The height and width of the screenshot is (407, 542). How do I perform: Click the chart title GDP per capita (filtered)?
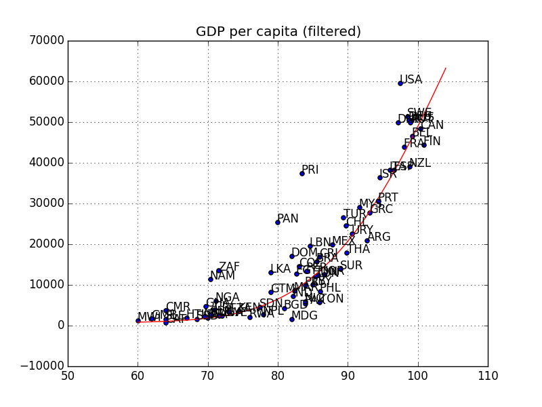pos(278,32)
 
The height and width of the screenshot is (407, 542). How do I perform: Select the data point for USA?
pos(400,83)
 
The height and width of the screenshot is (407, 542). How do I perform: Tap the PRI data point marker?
pos(302,174)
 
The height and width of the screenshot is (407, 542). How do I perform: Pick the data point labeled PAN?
pos(278,222)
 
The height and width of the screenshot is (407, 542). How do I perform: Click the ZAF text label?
pos(229,267)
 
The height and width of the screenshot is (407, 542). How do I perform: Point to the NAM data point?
pos(211,279)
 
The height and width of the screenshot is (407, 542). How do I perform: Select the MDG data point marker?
pos(292,319)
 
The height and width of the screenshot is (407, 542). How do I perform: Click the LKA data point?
pos(271,273)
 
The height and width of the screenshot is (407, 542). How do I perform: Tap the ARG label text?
pos(379,237)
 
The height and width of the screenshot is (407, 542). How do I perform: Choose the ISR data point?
pos(380,178)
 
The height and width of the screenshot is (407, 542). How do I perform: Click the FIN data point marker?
pos(424,145)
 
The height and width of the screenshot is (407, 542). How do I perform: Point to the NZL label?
pos(419,163)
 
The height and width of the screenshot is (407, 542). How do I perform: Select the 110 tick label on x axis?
pos(488,376)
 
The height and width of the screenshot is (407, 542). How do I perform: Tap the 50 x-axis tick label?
pos(68,376)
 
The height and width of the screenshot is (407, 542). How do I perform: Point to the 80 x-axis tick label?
pos(278,376)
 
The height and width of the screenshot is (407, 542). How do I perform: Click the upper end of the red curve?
pos(446,68)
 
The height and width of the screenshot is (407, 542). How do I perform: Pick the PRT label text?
pos(388,198)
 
